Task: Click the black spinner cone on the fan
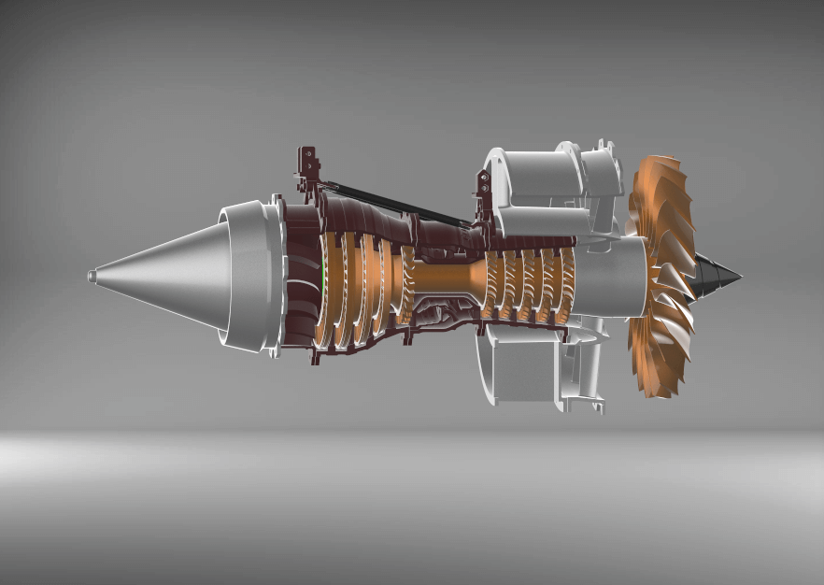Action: coord(719,274)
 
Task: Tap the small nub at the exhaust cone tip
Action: coord(92,276)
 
